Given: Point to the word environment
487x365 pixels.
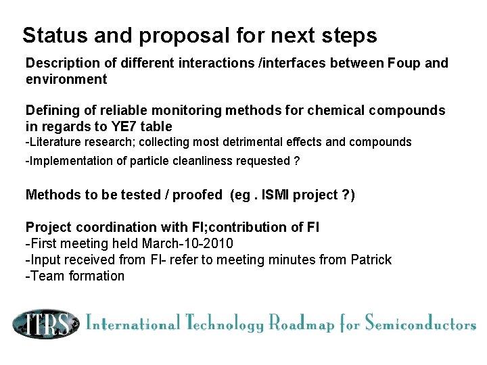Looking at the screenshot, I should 66,79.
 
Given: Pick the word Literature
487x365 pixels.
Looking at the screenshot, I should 54,142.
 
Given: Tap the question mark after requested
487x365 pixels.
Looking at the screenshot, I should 297,161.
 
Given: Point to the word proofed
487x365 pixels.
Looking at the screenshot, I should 197,195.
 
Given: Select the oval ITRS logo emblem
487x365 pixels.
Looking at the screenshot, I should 45,324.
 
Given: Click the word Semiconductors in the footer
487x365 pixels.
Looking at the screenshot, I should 420,323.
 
